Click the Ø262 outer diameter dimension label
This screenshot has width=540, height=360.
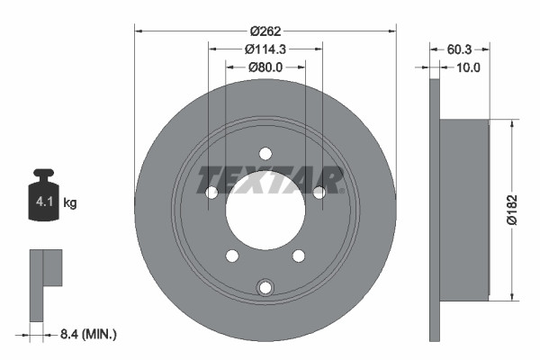[265, 30]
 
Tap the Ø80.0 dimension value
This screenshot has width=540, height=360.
[265, 67]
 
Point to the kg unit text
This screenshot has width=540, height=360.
[70, 203]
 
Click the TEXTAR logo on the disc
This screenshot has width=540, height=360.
[271, 179]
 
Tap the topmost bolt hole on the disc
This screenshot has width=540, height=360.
[265, 153]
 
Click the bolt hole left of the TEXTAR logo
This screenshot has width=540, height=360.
[211, 192]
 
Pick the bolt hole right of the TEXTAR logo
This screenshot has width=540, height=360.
[319, 192]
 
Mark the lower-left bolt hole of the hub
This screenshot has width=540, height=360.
[231, 256]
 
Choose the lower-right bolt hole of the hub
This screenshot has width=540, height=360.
[298, 256]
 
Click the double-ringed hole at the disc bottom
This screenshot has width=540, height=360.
[265, 287]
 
